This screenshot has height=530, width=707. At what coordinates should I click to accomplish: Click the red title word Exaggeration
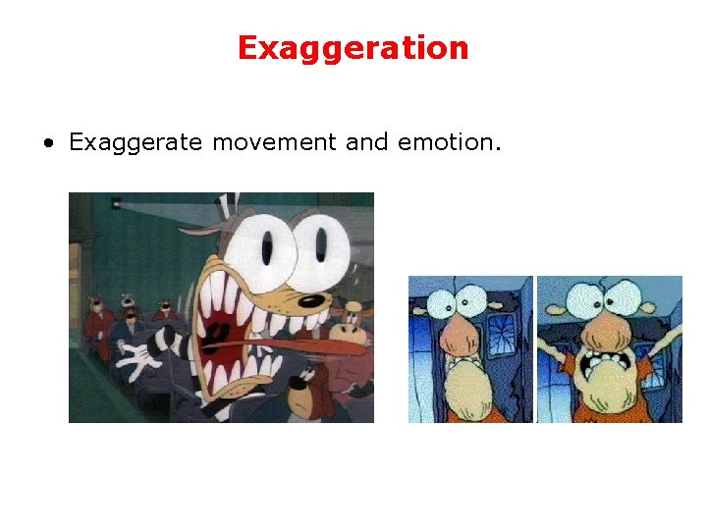pos(353,48)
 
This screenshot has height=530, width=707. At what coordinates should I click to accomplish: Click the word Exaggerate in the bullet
pos(135,143)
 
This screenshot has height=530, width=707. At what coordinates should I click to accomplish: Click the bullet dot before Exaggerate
pos(47,144)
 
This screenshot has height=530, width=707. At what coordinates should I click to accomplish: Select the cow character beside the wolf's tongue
pos(349,319)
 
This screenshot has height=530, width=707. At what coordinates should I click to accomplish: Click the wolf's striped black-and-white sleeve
pos(173,343)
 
